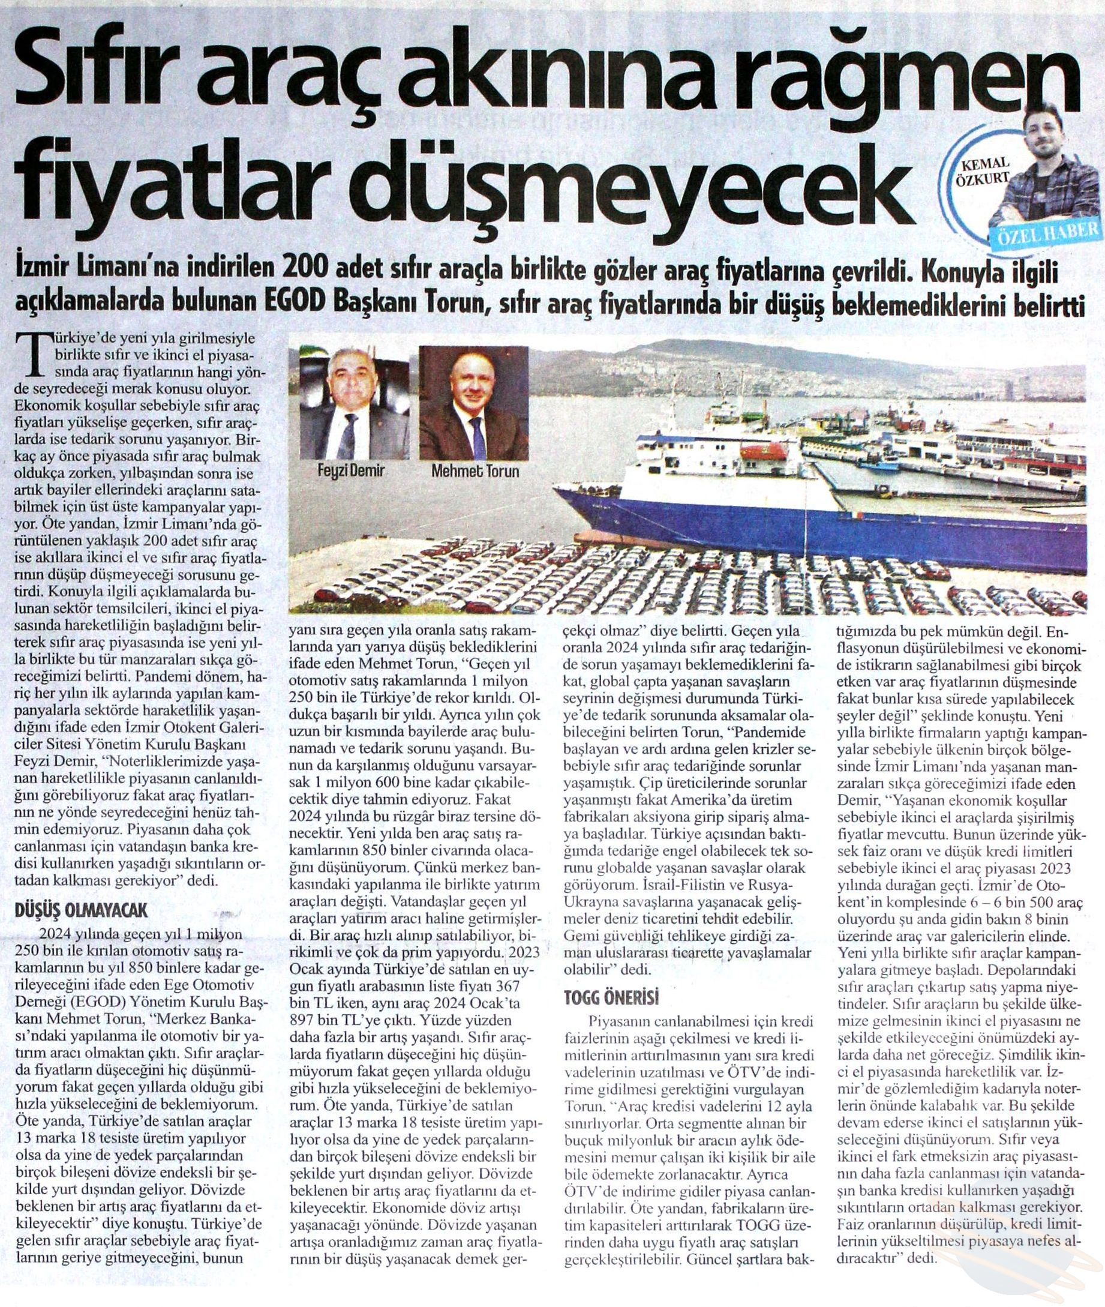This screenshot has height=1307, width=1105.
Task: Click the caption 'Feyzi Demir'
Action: [350, 470]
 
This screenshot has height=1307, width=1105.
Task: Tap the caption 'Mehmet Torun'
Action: [476, 470]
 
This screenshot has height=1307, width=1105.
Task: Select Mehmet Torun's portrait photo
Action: [473, 404]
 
